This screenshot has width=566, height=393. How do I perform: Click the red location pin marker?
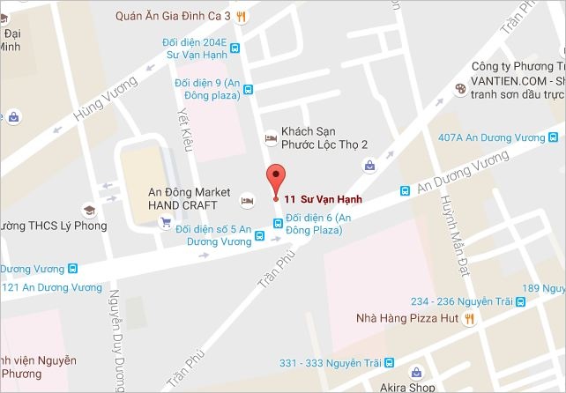pyautogui.click(x=275, y=179)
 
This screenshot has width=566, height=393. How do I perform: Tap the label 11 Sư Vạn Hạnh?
pyautogui.click(x=323, y=198)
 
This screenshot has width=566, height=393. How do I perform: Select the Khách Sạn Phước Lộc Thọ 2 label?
pyautogui.click(x=324, y=137)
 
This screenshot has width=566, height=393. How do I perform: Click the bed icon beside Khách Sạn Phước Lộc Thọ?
pyautogui.click(x=270, y=138)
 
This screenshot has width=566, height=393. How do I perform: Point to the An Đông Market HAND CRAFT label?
pyautogui.click(x=189, y=198)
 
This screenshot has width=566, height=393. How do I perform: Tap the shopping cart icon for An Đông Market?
pyautogui.click(x=165, y=223)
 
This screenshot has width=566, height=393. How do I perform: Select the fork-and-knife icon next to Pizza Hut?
pyautogui.click(x=470, y=318)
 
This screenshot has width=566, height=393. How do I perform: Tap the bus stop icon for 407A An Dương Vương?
pyautogui.click(x=552, y=137)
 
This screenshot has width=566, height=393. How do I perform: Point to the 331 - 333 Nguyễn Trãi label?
pyautogui.click(x=331, y=363)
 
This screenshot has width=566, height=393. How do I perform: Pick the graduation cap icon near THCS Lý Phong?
pyautogui.click(x=88, y=211)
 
